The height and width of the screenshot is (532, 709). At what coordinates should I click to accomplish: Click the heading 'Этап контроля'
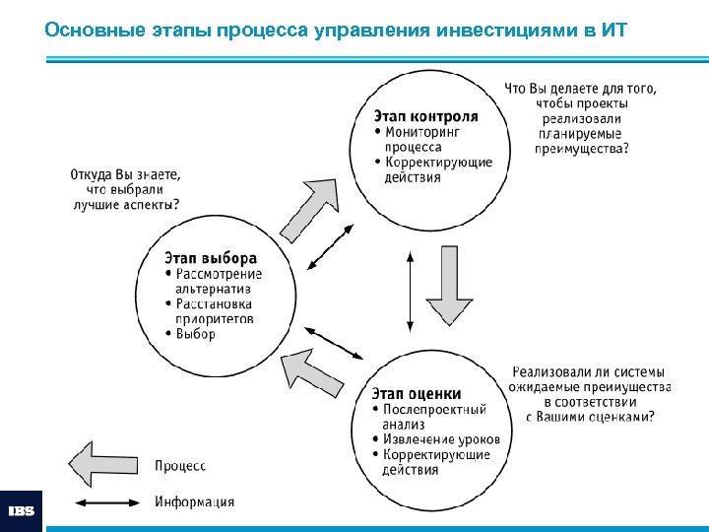click(427, 114)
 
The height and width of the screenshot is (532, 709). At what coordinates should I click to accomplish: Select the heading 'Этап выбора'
click(211, 259)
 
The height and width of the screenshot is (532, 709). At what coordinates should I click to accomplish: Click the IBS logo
click(22, 511)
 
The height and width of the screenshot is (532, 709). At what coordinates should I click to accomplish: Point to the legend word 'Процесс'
click(180, 465)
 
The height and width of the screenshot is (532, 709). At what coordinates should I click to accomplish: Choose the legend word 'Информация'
click(195, 501)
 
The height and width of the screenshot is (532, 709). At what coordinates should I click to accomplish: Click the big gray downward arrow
click(450, 291)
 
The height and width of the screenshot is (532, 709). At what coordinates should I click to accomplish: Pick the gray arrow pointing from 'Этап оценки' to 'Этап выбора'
click(310, 369)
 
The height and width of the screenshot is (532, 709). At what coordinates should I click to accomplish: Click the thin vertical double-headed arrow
click(411, 291)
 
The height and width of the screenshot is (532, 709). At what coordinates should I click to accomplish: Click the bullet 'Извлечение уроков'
click(440, 438)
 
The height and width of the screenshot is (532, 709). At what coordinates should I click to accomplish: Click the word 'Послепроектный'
click(434, 409)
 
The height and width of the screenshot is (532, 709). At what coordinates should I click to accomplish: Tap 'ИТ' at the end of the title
click(612, 30)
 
